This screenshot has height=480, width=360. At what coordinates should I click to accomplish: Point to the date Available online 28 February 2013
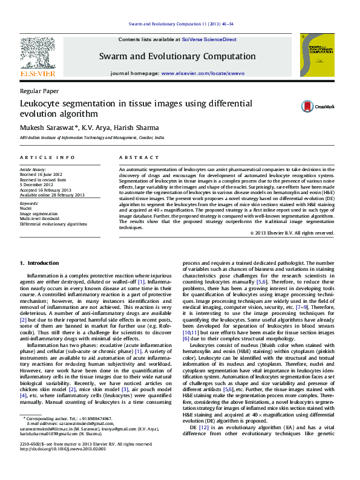pyautogui.click(x=52, y=195)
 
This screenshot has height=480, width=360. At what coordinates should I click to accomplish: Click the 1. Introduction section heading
pyautogui.click(x=39, y=263)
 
